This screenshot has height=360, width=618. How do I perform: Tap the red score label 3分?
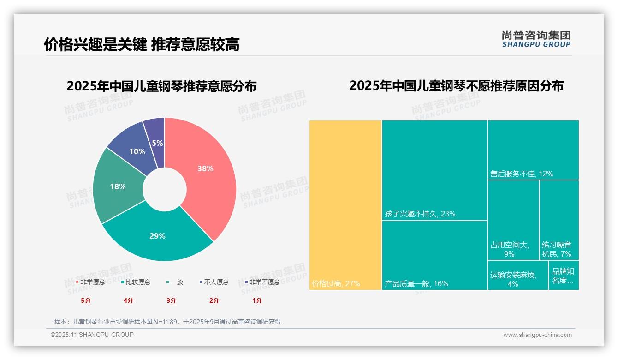click(x=171, y=300)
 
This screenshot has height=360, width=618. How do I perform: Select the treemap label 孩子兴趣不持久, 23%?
click(x=420, y=214)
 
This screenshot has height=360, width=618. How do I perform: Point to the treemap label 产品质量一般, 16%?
click(x=416, y=283)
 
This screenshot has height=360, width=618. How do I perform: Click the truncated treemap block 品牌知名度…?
click(x=563, y=276)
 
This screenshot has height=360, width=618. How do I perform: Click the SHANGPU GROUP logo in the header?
click(x=536, y=39)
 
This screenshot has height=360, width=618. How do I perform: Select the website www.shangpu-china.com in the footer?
click(x=537, y=335)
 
